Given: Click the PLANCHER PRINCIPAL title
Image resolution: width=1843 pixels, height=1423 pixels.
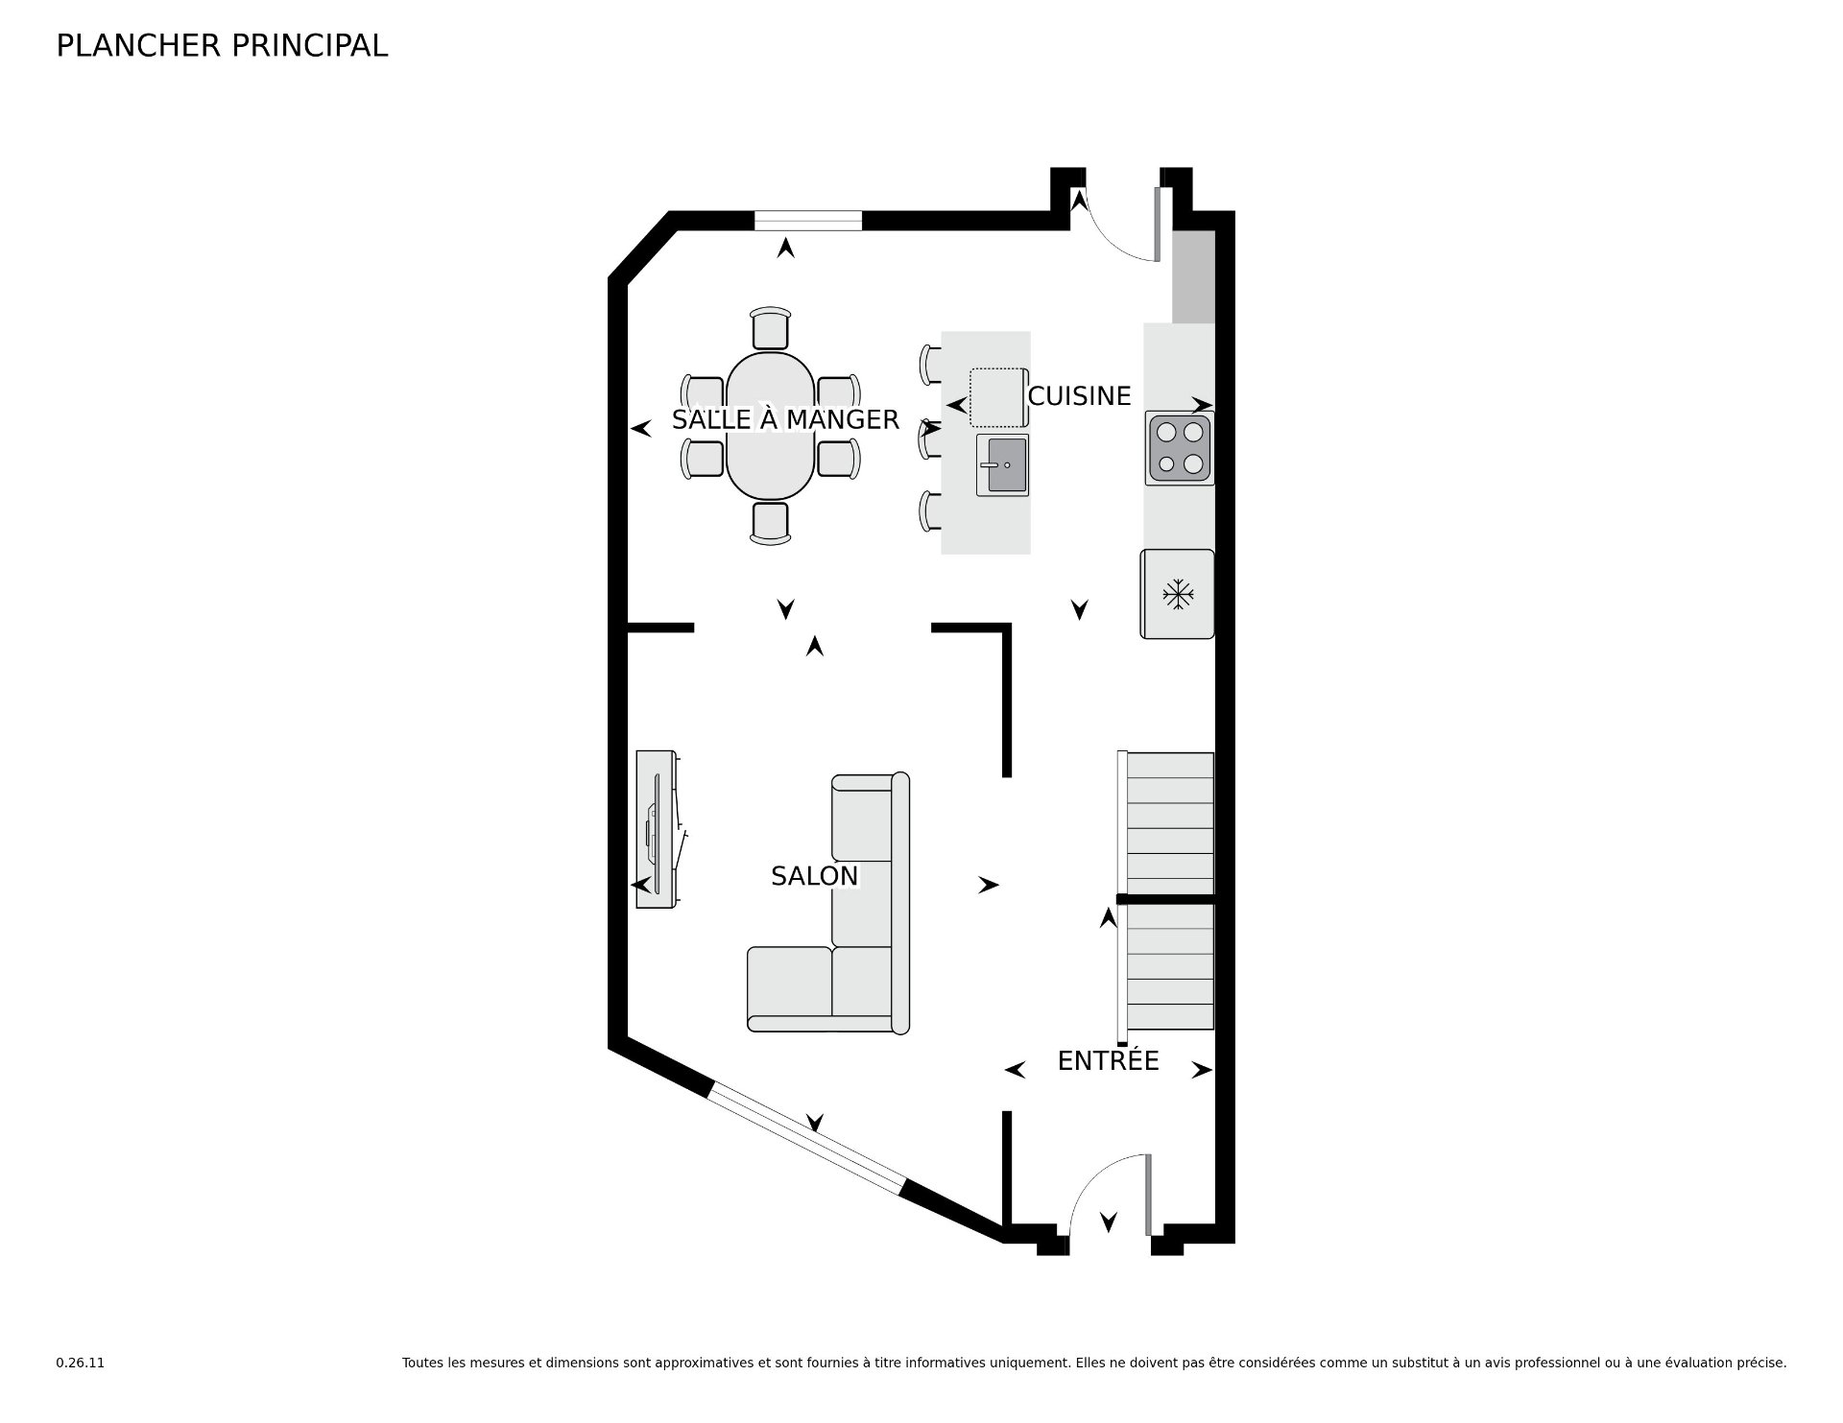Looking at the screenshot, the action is click(222, 45).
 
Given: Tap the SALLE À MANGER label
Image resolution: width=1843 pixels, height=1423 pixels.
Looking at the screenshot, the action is click(785, 419).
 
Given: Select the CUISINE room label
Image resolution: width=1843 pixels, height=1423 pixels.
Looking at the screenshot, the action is click(1079, 395).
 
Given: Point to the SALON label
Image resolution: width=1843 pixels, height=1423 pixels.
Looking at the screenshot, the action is click(814, 875).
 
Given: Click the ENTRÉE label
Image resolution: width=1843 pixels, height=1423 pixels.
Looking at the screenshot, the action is click(1108, 1060).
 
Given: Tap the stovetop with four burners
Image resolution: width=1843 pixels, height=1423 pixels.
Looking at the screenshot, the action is click(1180, 448).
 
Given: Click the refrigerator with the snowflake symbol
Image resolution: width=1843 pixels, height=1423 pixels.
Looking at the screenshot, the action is click(1177, 594).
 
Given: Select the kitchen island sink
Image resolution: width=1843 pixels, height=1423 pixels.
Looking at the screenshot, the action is click(1002, 464).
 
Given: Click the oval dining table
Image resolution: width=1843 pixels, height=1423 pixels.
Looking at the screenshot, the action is click(770, 426).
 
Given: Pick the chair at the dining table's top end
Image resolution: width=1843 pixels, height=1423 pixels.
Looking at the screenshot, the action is click(770, 328).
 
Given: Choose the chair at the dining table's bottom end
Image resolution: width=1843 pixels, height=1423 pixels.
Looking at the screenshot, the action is click(770, 523).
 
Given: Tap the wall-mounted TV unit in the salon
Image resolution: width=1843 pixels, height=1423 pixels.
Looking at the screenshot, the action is click(657, 829).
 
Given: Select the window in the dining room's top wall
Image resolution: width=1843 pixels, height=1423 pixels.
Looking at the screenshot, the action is click(808, 221).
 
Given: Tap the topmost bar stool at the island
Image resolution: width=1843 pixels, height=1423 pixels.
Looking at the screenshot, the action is click(930, 365).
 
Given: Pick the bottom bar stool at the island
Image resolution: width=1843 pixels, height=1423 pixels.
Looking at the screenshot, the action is click(930, 510).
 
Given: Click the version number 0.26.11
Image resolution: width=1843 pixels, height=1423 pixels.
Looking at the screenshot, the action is click(80, 1363).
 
